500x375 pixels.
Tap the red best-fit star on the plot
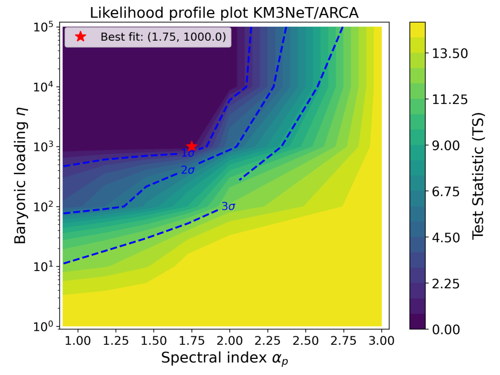coord(191,146)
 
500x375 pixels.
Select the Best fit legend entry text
coord(162,37)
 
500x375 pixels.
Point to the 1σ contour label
coord(188,154)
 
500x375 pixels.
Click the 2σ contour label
coord(188,171)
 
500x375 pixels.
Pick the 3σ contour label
coord(229,206)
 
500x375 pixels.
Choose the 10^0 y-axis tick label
coord(44,326)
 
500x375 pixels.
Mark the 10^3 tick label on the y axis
coord(44,146)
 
